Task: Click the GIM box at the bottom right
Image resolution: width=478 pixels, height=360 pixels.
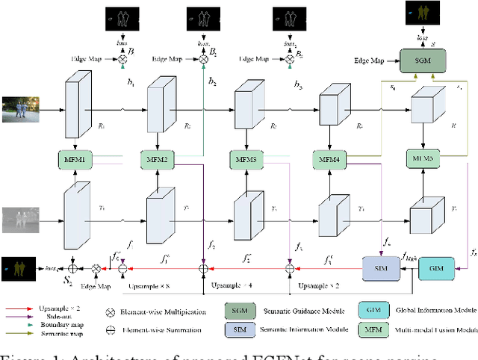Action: pyautogui.click(x=435, y=267)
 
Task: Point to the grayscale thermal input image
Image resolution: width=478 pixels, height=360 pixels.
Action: pyautogui.click(x=20, y=218)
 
